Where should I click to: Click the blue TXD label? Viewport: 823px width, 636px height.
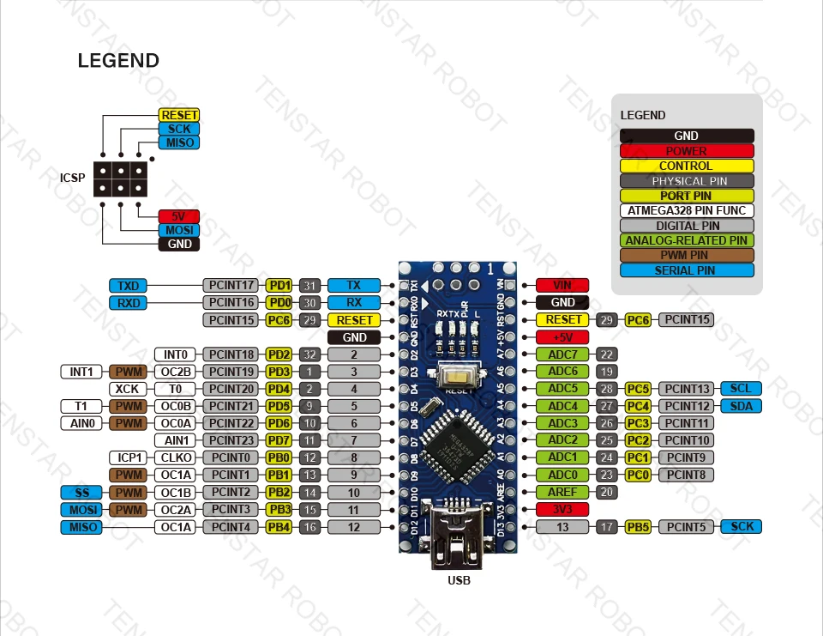[129, 285]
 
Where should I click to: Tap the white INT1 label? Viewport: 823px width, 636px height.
[81, 372]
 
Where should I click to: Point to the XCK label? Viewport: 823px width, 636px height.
[127, 389]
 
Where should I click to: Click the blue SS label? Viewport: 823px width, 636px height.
[81, 492]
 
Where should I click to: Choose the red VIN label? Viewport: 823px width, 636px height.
[562, 285]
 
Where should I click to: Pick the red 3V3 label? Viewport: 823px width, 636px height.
[562, 509]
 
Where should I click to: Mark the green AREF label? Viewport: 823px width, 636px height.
[562, 492]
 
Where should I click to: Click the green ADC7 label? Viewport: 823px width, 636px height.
[562, 354]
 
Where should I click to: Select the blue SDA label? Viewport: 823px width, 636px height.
[741, 406]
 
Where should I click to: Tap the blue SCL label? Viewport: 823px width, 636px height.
[741, 389]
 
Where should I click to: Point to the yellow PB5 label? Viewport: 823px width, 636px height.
[637, 527]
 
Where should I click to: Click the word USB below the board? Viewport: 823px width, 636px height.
[459, 580]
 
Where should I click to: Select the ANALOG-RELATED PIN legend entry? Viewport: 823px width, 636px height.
[687, 240]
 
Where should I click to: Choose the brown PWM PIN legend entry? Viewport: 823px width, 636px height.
[687, 255]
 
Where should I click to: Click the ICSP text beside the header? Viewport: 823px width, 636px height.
[72, 179]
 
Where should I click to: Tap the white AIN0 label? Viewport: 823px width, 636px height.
[81, 423]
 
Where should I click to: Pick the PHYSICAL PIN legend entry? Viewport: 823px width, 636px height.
[687, 181]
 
